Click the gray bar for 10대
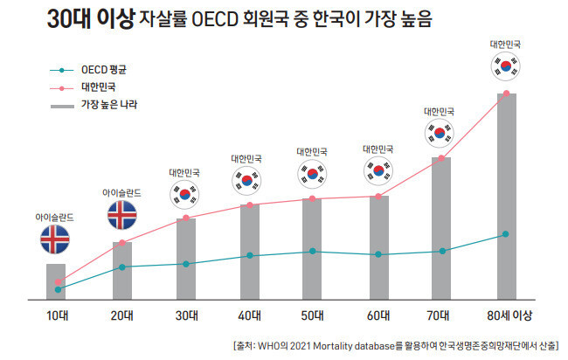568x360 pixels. click(56, 280)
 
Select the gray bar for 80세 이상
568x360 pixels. click(507, 197)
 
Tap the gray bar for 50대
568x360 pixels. click(312, 249)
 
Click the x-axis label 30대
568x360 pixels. click(186, 315)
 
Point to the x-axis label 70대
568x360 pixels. click(441, 315)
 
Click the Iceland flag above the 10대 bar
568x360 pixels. click(56, 239)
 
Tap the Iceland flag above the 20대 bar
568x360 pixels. click(121, 215)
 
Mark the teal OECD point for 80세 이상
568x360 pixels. click(507, 234)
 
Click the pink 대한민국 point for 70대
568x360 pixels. click(441, 158)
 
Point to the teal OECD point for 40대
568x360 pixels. click(249, 256)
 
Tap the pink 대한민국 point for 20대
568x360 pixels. click(121, 243)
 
